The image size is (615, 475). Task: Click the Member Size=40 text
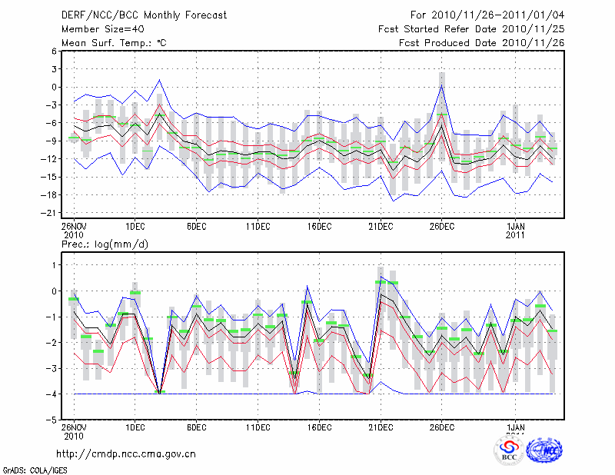pos(101,29)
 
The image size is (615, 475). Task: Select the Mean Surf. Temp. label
pos(114,43)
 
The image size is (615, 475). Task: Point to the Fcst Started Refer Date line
pos(471,29)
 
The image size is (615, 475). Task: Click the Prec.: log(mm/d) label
pos(105,244)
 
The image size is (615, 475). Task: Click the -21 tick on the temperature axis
pos(52,213)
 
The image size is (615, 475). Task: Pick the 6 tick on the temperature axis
pos(55,51)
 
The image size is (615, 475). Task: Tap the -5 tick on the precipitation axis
pos(54,420)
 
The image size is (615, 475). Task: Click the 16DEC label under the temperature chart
pos(319,227)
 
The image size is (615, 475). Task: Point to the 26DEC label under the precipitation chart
pos(442,427)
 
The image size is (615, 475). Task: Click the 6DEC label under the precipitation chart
pos(196,427)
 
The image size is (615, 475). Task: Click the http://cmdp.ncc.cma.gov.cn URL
pos(127,453)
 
